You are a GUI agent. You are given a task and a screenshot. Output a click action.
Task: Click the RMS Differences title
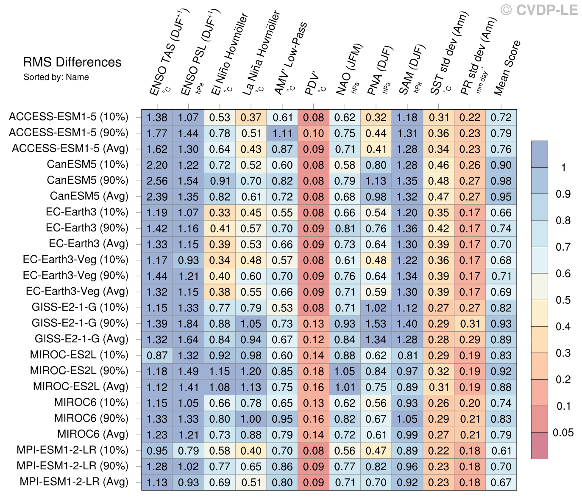(72, 62)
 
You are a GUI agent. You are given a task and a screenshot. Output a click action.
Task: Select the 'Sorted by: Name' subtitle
(56, 77)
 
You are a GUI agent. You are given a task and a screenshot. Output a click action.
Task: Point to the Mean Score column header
(507, 68)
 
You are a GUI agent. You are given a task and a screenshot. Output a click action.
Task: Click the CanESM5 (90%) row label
(87, 181)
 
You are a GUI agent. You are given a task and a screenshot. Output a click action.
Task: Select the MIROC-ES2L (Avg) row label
(81, 387)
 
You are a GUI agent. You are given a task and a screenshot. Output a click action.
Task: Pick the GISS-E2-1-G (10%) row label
(80, 308)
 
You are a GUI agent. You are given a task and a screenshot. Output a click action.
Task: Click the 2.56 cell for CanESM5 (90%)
(157, 181)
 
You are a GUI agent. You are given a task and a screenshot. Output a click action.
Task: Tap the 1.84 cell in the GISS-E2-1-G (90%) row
(188, 324)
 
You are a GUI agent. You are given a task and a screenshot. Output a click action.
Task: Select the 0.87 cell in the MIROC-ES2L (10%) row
(157, 356)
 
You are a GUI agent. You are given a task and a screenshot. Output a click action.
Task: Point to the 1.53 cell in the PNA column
(376, 324)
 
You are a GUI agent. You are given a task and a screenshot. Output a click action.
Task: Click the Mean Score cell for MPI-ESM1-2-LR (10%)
(501, 451)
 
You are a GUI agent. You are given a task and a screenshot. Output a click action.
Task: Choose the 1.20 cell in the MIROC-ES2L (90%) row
(251, 372)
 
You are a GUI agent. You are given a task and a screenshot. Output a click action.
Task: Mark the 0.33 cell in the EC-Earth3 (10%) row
(220, 213)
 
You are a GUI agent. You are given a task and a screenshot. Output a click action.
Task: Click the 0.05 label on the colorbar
(563, 433)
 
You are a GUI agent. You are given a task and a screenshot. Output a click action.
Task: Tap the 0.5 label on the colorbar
(563, 300)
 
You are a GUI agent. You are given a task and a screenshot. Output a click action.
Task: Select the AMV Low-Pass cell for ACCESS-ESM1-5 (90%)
(282, 133)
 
